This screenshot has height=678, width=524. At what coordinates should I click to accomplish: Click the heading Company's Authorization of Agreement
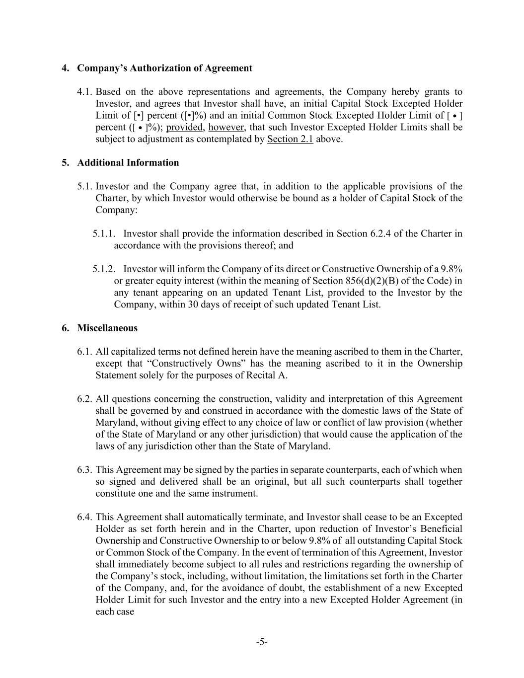click(164, 68)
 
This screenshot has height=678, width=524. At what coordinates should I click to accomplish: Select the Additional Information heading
click(128, 162)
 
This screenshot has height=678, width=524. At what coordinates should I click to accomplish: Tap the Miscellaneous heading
click(107, 328)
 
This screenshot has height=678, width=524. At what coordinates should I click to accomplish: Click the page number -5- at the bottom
click(262, 642)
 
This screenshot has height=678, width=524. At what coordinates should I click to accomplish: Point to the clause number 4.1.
click(85, 92)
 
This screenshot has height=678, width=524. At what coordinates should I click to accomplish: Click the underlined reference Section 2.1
click(290, 139)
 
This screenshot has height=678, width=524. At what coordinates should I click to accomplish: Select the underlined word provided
click(184, 127)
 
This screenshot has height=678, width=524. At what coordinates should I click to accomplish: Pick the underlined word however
click(226, 127)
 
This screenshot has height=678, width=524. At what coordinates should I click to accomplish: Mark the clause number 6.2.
click(85, 399)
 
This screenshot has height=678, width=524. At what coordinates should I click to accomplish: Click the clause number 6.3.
click(85, 470)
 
